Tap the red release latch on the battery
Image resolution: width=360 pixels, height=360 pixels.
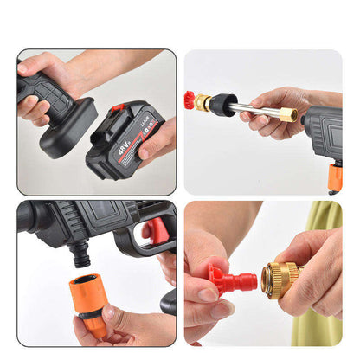(118, 109)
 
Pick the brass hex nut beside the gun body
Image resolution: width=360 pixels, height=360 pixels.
(287, 114)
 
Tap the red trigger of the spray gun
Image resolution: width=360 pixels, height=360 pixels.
(156, 231)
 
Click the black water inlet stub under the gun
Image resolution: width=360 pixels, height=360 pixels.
(80, 253)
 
